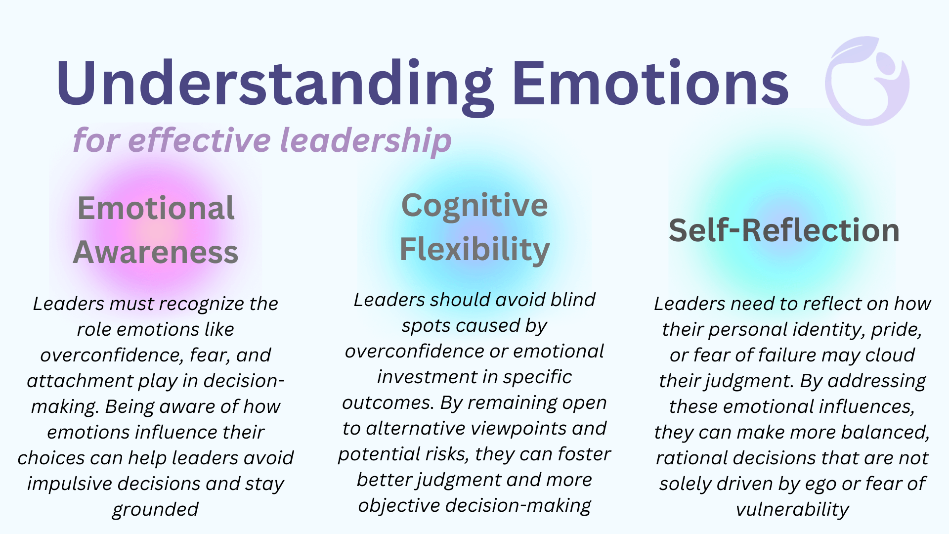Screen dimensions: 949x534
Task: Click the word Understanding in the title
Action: click(275, 84)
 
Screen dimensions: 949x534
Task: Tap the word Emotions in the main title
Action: click(650, 82)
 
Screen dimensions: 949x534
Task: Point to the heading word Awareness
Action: click(156, 252)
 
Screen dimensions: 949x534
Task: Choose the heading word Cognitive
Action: click(474, 207)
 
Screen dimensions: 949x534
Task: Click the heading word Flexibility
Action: click(474, 250)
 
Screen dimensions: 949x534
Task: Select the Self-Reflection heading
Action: click(784, 230)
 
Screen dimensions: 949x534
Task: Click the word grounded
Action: click(156, 509)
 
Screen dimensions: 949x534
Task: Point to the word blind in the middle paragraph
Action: click(573, 300)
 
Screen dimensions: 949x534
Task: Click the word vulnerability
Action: click(792, 509)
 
